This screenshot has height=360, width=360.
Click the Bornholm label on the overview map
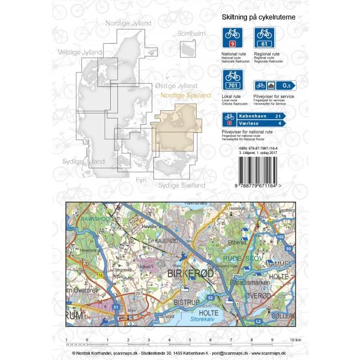coord(191,34)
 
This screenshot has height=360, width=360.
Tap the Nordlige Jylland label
coord(128,23)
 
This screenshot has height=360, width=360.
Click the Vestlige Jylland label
coord(80,53)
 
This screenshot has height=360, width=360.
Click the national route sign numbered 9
coord(233,38)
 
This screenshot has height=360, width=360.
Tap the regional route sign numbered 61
coord(264,38)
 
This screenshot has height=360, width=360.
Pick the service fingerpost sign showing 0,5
coord(275,85)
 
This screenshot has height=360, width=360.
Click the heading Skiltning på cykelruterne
coord(258,18)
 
